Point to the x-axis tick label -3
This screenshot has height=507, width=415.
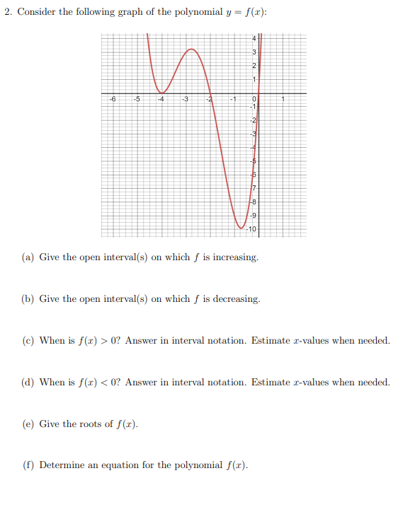(185, 99)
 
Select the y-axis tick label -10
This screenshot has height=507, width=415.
(253, 230)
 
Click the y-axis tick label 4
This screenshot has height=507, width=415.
(254, 37)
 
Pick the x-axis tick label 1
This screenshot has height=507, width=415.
(283, 99)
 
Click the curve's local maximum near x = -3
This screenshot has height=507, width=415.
(191, 49)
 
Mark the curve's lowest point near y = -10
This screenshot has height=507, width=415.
(241, 228)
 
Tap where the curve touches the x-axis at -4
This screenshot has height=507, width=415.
(161, 93)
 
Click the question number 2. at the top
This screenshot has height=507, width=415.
(9, 13)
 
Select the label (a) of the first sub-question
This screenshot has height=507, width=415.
(28, 257)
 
